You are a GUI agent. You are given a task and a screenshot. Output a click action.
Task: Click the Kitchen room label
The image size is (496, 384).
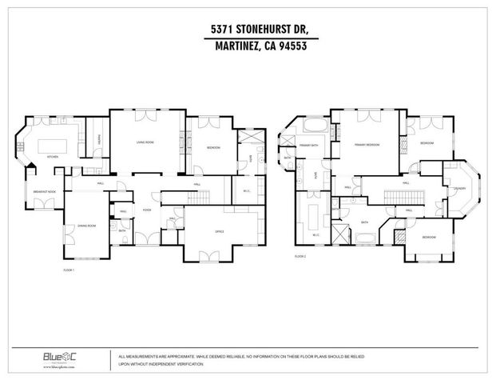click(53, 156)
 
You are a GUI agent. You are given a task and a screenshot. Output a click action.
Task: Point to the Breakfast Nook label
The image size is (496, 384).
click(45, 192)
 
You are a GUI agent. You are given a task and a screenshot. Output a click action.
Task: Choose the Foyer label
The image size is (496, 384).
click(147, 210)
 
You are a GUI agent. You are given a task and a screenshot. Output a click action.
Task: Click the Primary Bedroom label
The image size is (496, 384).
click(367, 145)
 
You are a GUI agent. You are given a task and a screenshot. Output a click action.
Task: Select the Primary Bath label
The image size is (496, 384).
click(309, 145)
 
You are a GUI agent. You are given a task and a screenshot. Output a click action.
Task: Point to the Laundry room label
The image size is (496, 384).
click(459, 189)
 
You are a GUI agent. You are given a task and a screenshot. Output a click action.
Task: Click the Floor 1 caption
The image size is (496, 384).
click(69, 270)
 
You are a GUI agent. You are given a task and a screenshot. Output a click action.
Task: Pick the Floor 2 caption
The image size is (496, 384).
click(300, 256)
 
